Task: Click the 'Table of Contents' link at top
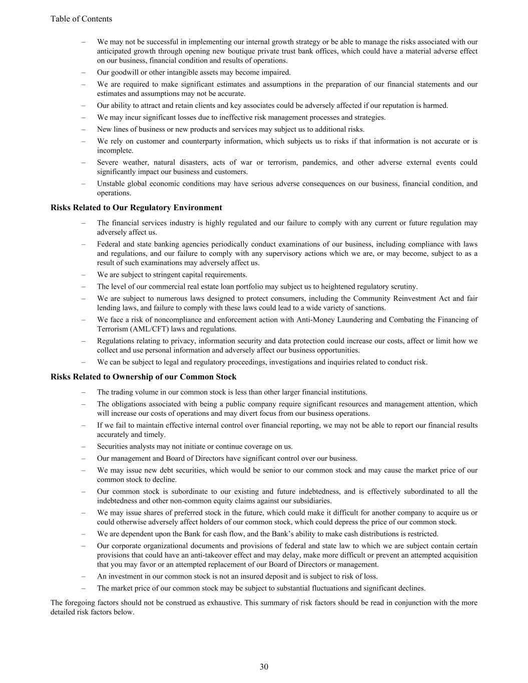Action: click(x=81, y=19)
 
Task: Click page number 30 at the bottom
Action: click(x=264, y=666)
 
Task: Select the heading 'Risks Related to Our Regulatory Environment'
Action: click(x=136, y=208)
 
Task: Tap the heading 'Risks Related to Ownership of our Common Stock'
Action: click(x=143, y=377)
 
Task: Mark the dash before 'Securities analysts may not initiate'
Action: click(x=84, y=447)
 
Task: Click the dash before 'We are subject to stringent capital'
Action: click(x=84, y=275)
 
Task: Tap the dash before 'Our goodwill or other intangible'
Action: click(x=84, y=73)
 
